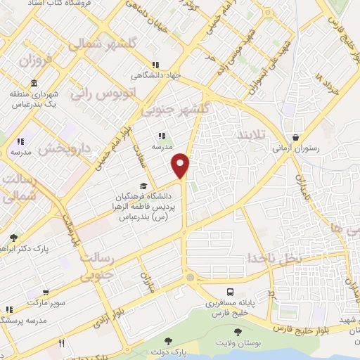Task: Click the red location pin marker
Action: [181, 165]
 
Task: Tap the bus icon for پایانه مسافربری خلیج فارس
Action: [230, 292]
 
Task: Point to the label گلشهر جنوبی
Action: [175, 109]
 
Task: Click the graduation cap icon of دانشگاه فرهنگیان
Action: [143, 186]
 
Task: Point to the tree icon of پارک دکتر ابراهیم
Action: [14, 238]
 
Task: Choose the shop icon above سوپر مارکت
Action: [45, 292]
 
